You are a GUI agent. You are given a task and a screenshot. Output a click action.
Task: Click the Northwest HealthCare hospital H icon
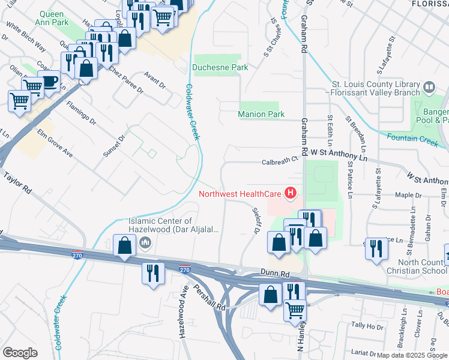pyautogui.click(x=291, y=193)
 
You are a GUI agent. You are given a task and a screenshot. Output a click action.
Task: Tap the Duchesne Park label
pyautogui.click(x=220, y=68)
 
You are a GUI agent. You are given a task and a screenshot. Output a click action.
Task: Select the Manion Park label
pyautogui.click(x=261, y=114)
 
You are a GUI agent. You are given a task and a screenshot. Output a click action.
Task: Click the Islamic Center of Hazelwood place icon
pyautogui.click(x=145, y=243)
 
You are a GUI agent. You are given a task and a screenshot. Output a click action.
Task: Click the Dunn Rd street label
pyautogui.click(x=275, y=272)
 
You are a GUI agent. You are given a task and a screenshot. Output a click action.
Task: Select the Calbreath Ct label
pyautogui.click(x=280, y=161)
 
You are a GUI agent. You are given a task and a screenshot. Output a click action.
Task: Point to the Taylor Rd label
pyautogui.click(x=18, y=183)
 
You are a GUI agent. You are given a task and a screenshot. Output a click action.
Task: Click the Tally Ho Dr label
pyautogui.click(x=367, y=326)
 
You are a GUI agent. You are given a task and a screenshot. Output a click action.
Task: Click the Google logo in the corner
pyautogui.click(x=20, y=353)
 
